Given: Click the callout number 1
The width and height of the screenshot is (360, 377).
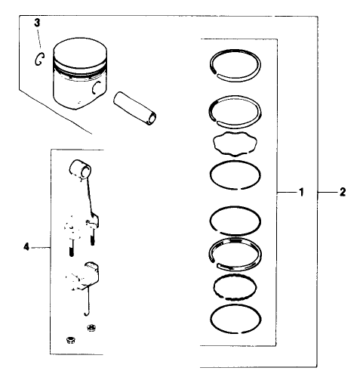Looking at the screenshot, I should click(x=300, y=193).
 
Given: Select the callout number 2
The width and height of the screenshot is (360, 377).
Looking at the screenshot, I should click(x=342, y=193).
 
